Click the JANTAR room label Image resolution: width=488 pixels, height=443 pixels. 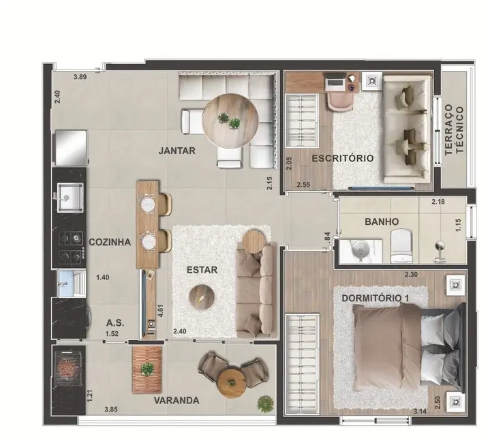point(176,151)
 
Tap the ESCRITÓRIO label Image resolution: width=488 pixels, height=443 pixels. point(342,158)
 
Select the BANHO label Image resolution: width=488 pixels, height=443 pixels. point(382,221)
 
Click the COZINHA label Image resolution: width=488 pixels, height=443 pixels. point(109,242)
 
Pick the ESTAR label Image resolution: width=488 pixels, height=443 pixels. point(202,270)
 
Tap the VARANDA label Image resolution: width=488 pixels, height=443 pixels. point(176,400)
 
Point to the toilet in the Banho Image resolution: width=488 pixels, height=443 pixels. point(401,243)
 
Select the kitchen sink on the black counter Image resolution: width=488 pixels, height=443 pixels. point(68,198)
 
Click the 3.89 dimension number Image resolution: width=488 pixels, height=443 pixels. point(81,78)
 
